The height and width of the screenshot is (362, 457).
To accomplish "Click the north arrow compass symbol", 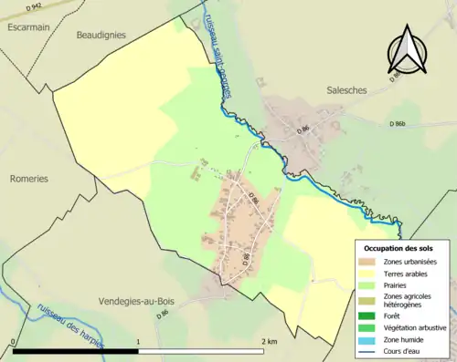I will (408, 50).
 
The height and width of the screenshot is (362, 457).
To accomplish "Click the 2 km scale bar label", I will (268, 341).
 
